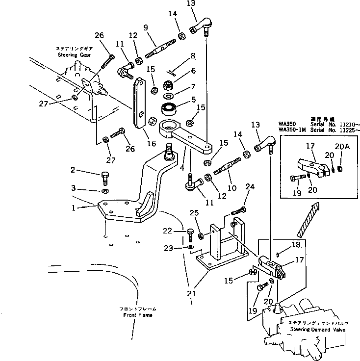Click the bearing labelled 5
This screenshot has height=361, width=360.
coord(168,109)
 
